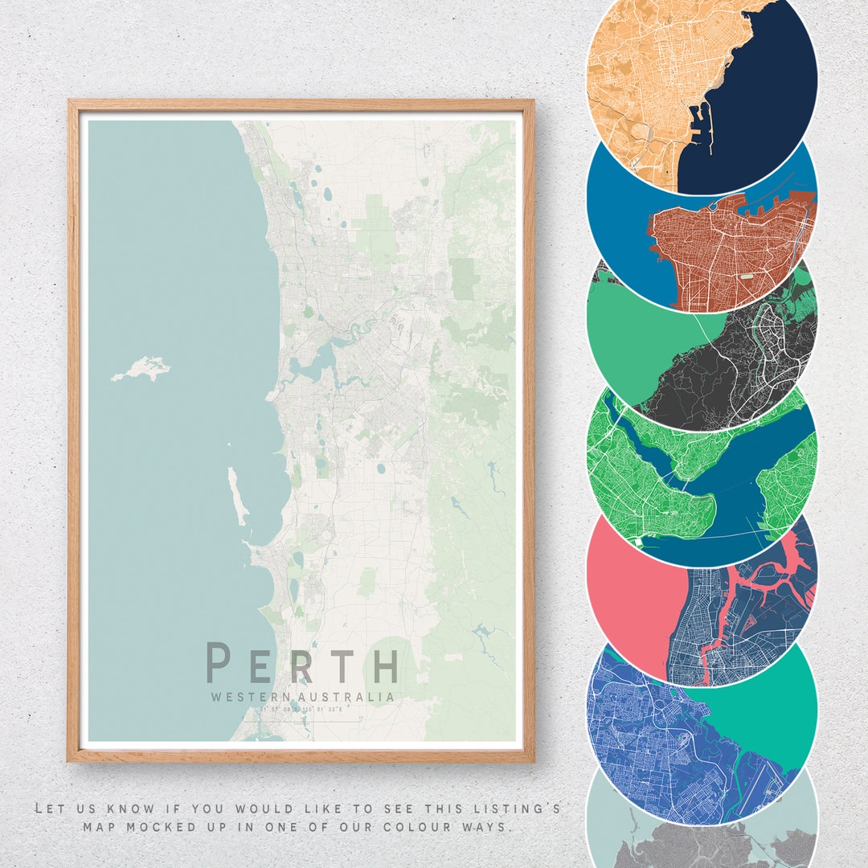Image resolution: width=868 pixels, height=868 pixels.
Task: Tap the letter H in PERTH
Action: pos(383,666)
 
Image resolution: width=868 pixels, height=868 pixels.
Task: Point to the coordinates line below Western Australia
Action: pos(301,710)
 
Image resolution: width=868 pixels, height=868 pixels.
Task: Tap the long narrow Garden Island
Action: pos(236,494)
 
